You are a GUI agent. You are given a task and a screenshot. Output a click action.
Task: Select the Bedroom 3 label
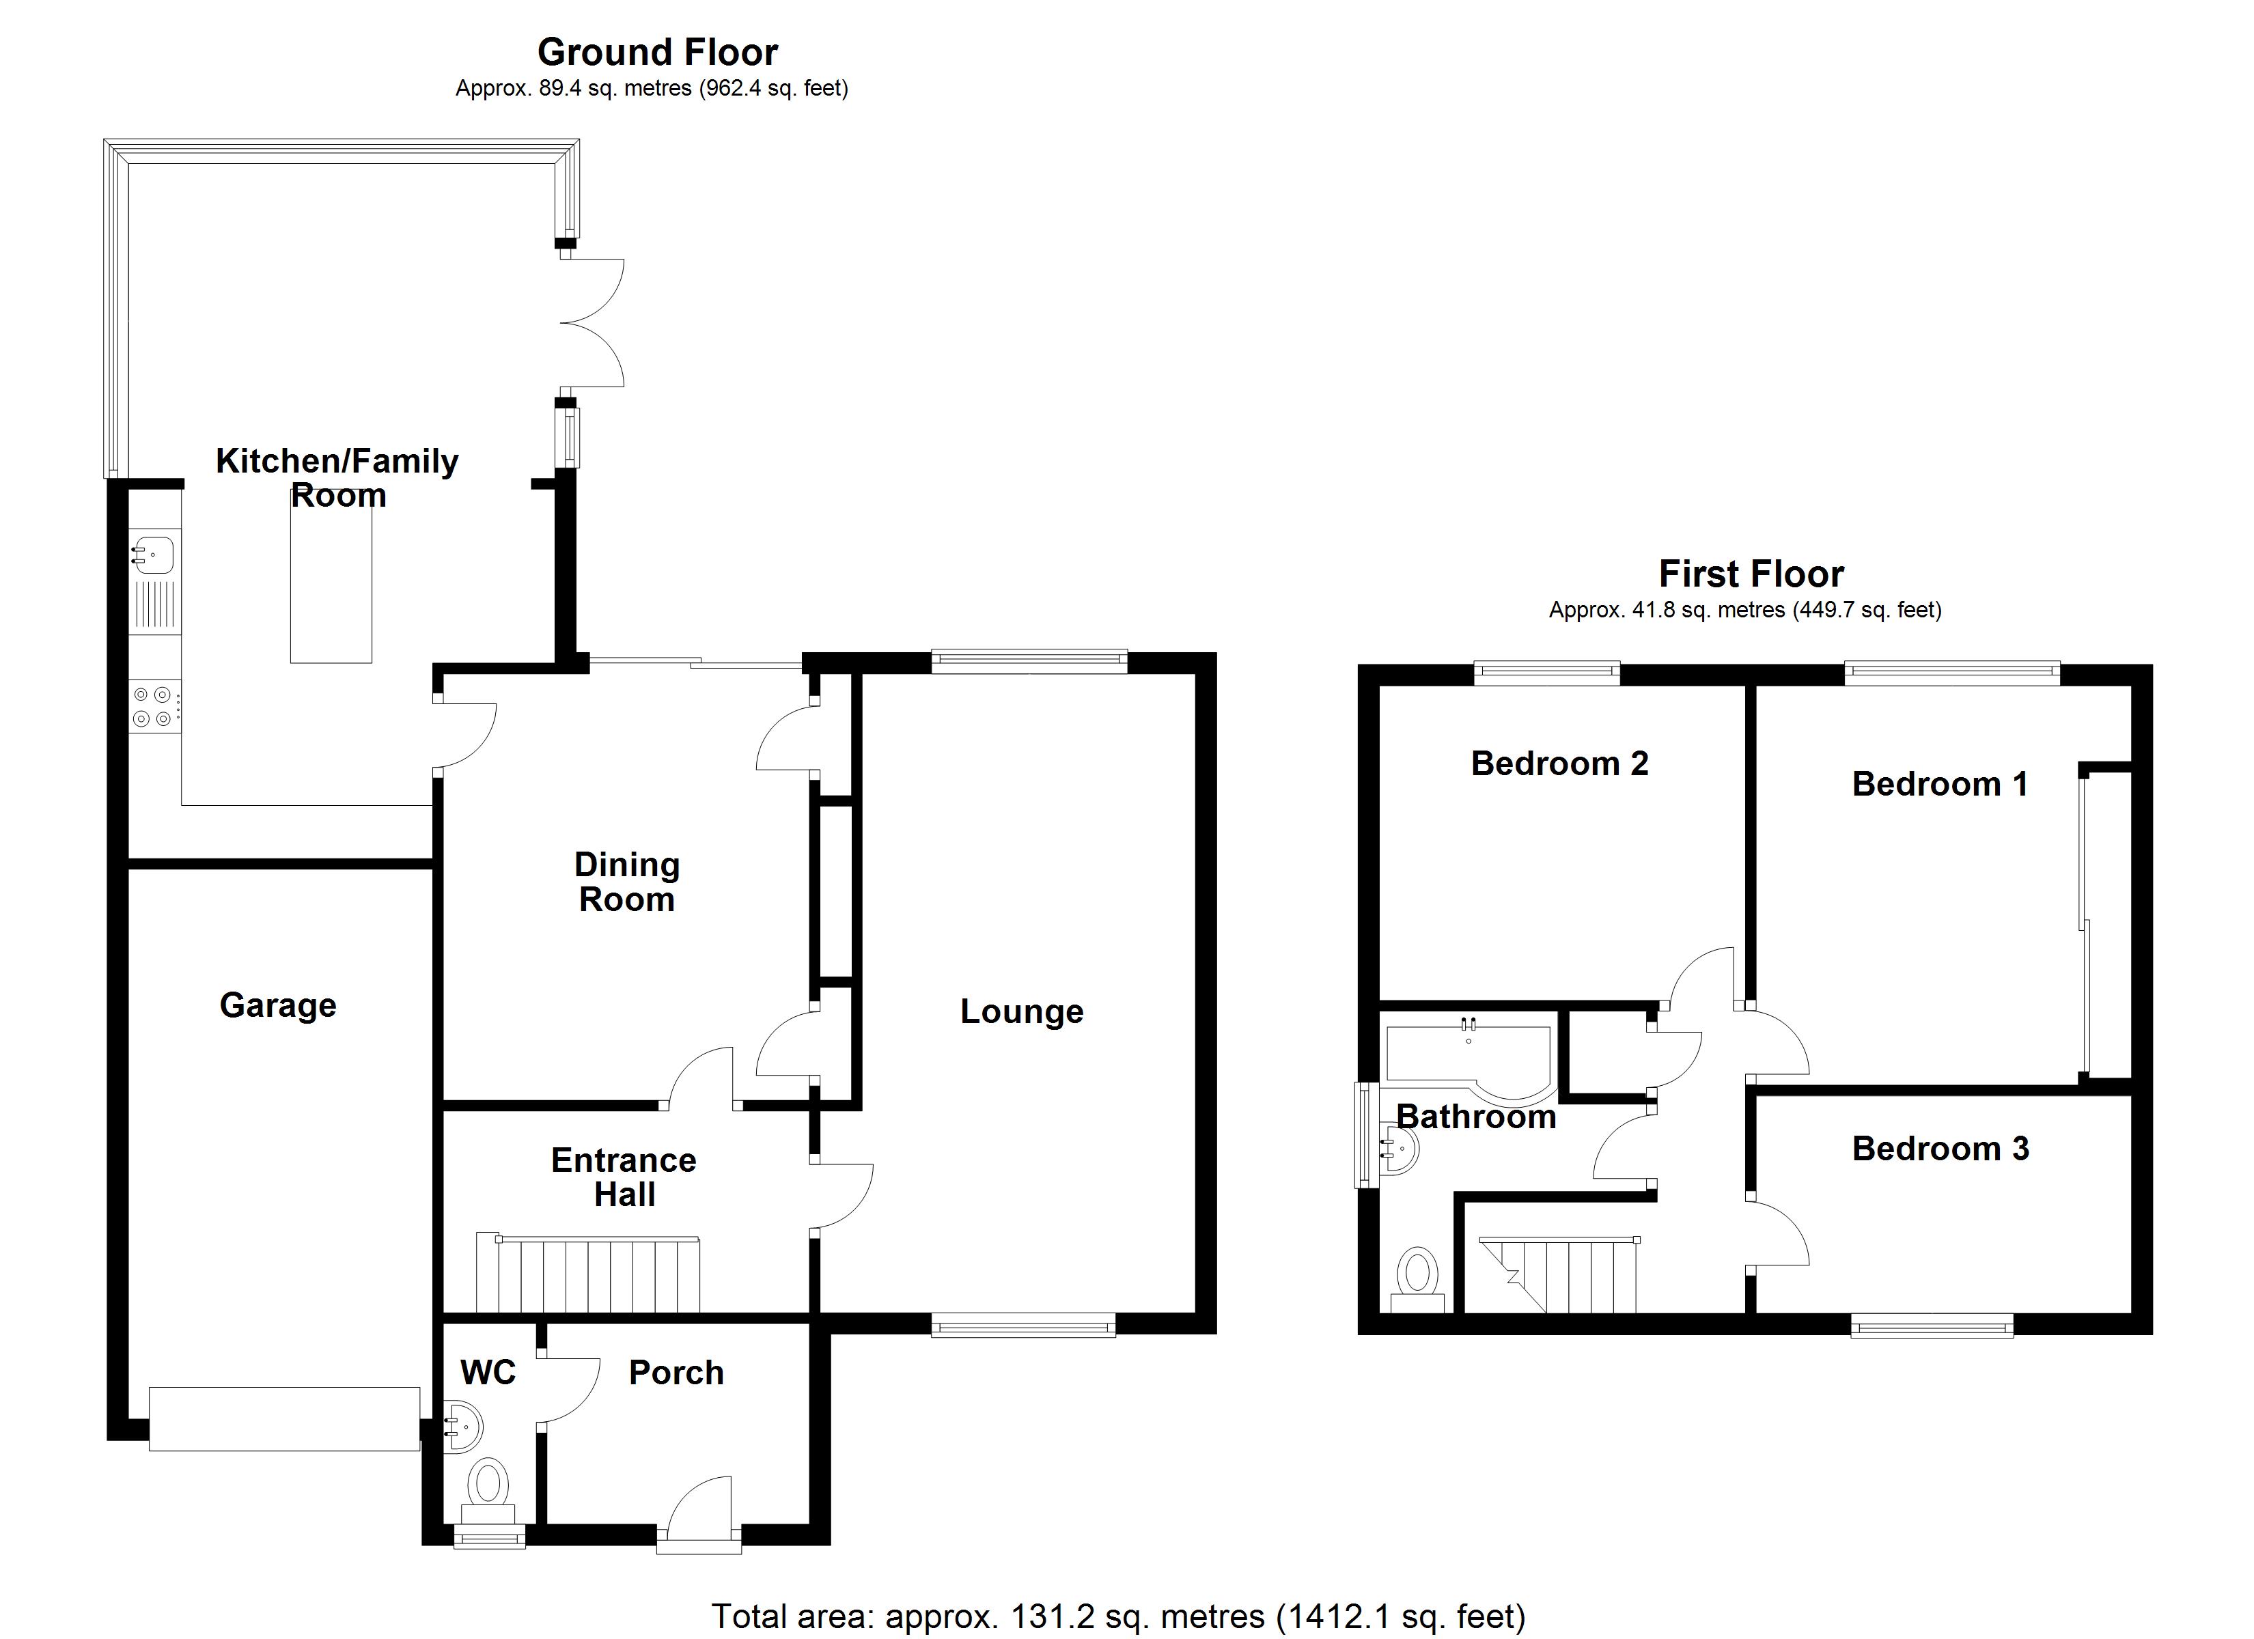pos(1940,1148)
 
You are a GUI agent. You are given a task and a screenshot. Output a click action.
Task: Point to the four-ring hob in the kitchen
pos(155,707)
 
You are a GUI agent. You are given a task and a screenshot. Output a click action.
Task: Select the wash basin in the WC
pos(463,1428)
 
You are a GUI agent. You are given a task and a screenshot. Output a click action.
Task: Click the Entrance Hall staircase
pos(588,1275)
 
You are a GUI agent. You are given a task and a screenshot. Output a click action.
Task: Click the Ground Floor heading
pos(657,52)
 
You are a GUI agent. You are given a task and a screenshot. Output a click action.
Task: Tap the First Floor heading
pos(1751,574)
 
